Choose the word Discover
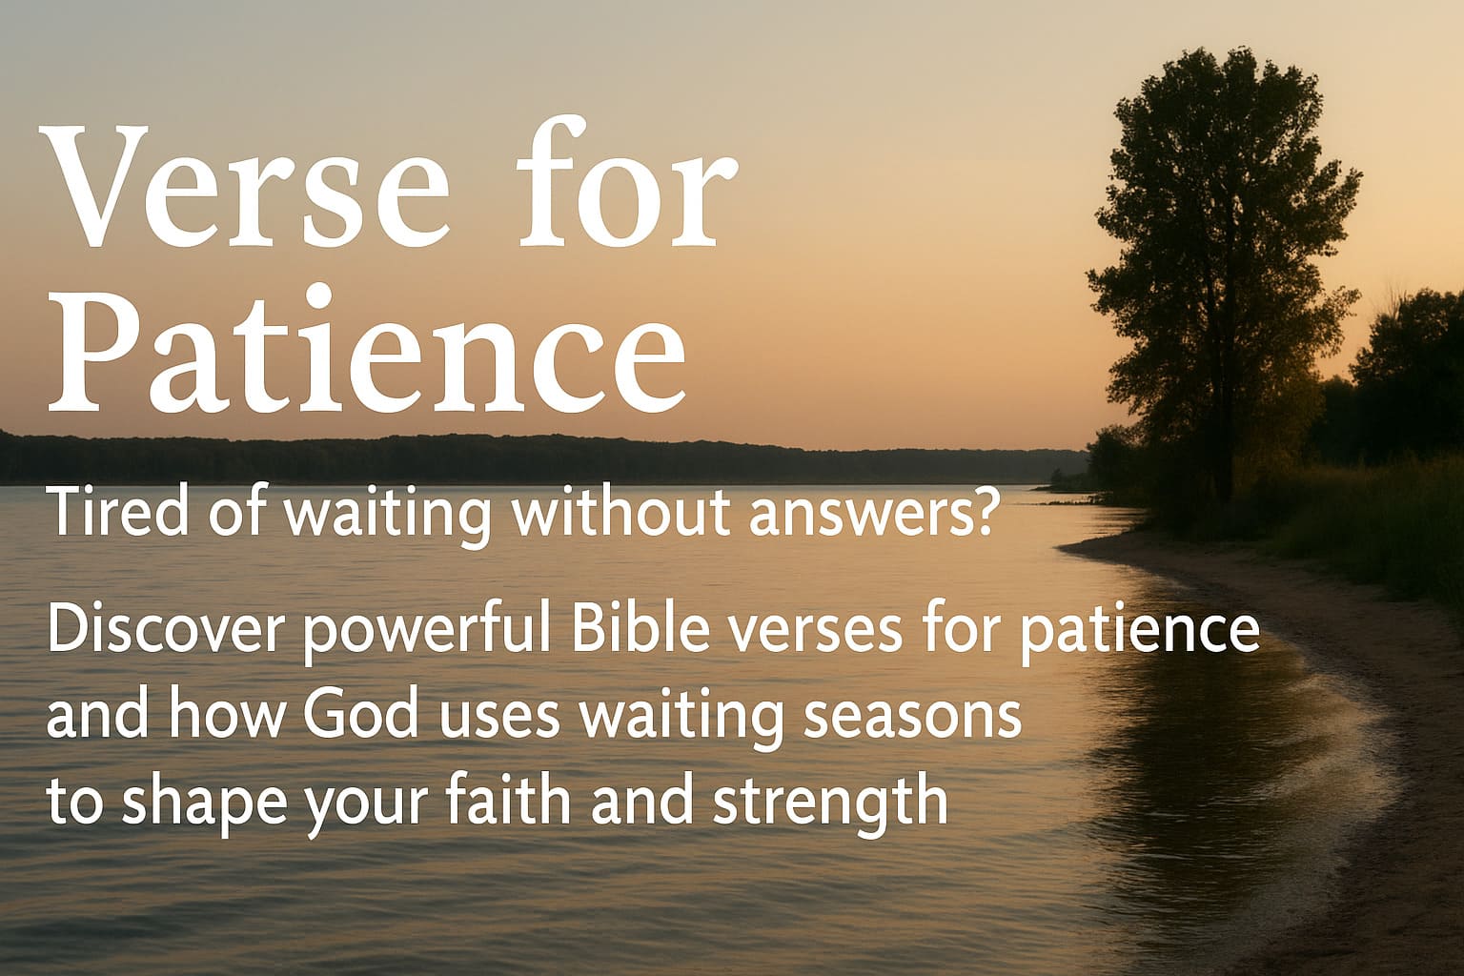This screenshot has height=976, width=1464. [168, 631]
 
